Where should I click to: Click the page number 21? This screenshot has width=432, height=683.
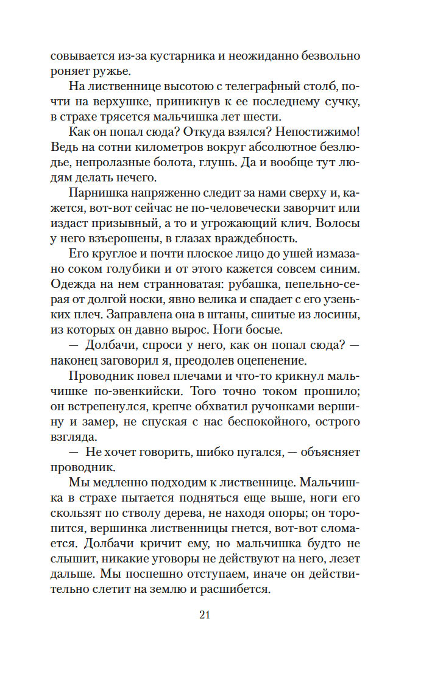[x=204, y=615]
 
